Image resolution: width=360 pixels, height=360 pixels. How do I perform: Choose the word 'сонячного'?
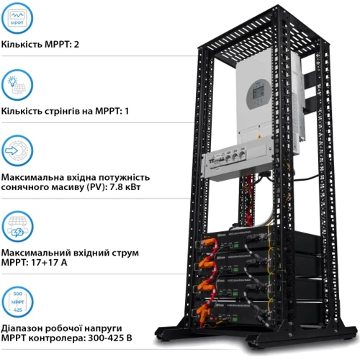(x=29, y=189)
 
